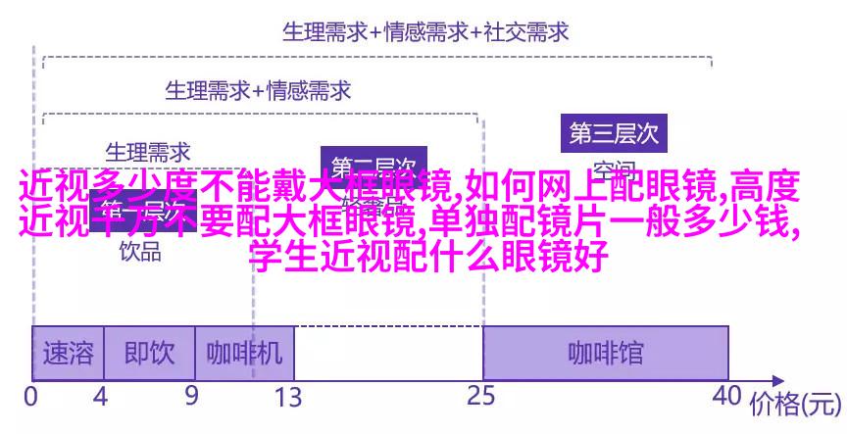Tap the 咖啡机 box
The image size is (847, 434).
tap(244, 353)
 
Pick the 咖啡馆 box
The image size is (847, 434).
tap(605, 353)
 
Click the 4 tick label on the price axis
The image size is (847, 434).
tap(99, 398)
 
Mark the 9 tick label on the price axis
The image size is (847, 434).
tap(190, 398)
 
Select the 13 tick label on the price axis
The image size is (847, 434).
tap(287, 398)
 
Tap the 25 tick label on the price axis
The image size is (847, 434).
tap(481, 398)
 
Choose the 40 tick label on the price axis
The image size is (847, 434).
tap(727, 398)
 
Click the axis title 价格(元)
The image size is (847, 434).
tap(795, 404)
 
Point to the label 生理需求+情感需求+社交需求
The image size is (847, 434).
tap(425, 32)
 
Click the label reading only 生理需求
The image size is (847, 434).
tap(148, 152)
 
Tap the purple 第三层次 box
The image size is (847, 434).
tap(614, 132)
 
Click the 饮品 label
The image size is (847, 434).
tap(140, 251)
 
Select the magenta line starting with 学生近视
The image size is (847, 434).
tap(428, 257)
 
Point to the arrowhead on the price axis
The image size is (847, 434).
tap(779, 379)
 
